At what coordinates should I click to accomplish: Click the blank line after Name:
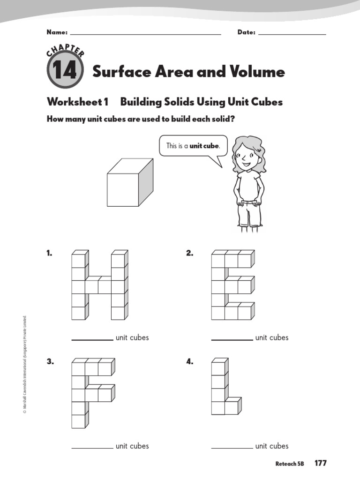pyautogui.click(x=145, y=34)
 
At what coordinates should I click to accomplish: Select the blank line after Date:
pyautogui.click(x=292, y=34)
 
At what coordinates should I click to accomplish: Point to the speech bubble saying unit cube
pyautogui.click(x=193, y=146)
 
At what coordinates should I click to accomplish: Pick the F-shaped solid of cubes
pyautogui.click(x=92, y=393)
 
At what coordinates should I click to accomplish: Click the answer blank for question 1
pyautogui.click(x=92, y=338)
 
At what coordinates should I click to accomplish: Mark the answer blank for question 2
pyautogui.click(x=232, y=338)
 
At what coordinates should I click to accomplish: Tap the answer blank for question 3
pyautogui.click(x=92, y=447)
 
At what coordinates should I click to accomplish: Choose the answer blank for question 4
pyautogui.click(x=232, y=447)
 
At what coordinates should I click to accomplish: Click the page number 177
pyautogui.click(x=321, y=463)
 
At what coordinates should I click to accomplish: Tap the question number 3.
pyautogui.click(x=49, y=362)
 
